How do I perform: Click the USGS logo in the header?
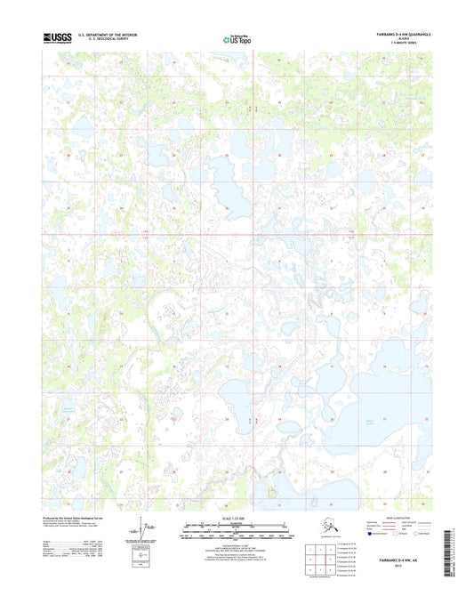coord(56,37)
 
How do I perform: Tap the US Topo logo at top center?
coord(237,39)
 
